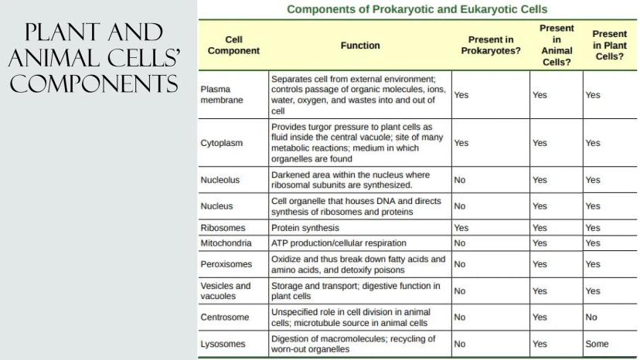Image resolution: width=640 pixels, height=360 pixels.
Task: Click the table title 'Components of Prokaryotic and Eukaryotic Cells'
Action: click(417, 9)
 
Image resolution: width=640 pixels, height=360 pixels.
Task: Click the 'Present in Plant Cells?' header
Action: click(608, 45)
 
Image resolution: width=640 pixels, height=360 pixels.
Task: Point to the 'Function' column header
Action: click(360, 45)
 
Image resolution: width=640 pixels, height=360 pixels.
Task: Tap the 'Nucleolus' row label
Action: click(220, 180)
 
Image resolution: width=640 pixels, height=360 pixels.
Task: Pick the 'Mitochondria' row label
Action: click(226, 243)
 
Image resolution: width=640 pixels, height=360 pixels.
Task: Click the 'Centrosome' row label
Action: click(224, 317)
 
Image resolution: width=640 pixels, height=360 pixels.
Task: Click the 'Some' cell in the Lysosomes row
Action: click(597, 345)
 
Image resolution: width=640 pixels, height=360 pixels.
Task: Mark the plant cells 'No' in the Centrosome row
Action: click(591, 317)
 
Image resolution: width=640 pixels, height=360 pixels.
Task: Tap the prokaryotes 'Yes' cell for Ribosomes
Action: click(461, 229)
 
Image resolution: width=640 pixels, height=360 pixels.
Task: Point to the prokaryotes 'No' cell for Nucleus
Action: click(460, 206)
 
